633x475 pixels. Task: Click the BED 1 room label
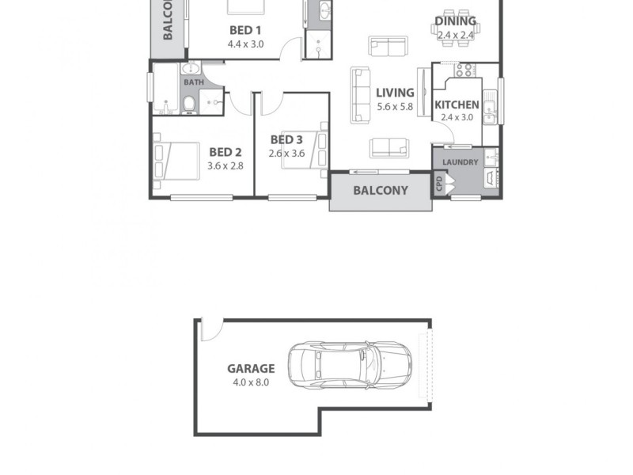tap(245, 30)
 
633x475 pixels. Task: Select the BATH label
tap(194, 82)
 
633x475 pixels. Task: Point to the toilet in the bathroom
tap(190, 104)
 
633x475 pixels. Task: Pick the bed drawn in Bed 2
tap(176, 161)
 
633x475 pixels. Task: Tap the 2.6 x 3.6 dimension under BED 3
tap(286, 153)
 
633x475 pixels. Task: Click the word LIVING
tap(395, 93)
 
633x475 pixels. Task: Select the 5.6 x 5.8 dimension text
tap(395, 106)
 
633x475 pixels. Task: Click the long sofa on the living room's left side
tap(361, 95)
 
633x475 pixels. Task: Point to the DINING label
tap(456, 21)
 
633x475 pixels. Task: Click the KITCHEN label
tap(456, 104)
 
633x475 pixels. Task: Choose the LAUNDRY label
tap(460, 162)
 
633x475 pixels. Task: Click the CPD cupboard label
tap(439, 184)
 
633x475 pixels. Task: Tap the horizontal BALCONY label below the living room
tap(381, 191)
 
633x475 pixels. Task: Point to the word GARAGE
tap(251, 368)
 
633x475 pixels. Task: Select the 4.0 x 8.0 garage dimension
tap(251, 382)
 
